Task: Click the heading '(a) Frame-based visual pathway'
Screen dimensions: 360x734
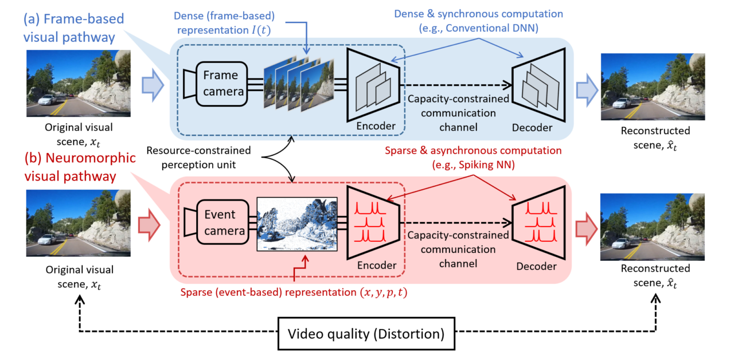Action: click(73, 28)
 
